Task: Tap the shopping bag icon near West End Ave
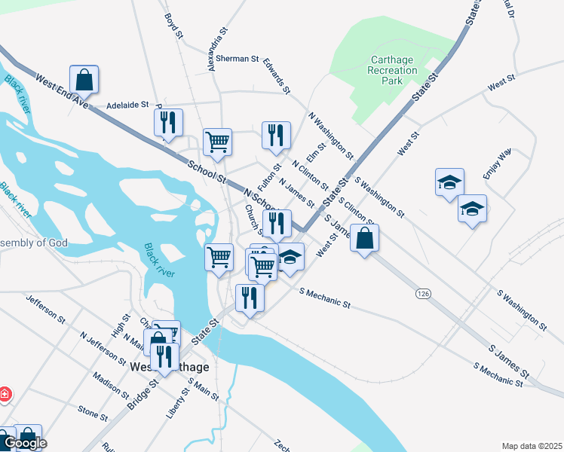(x=84, y=78)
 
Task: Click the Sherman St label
(x=237, y=58)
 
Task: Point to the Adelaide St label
(x=128, y=105)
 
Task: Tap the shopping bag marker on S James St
(x=364, y=238)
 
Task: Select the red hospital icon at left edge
(x=5, y=393)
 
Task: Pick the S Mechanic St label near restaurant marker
(x=325, y=298)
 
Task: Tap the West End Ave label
(x=62, y=93)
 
